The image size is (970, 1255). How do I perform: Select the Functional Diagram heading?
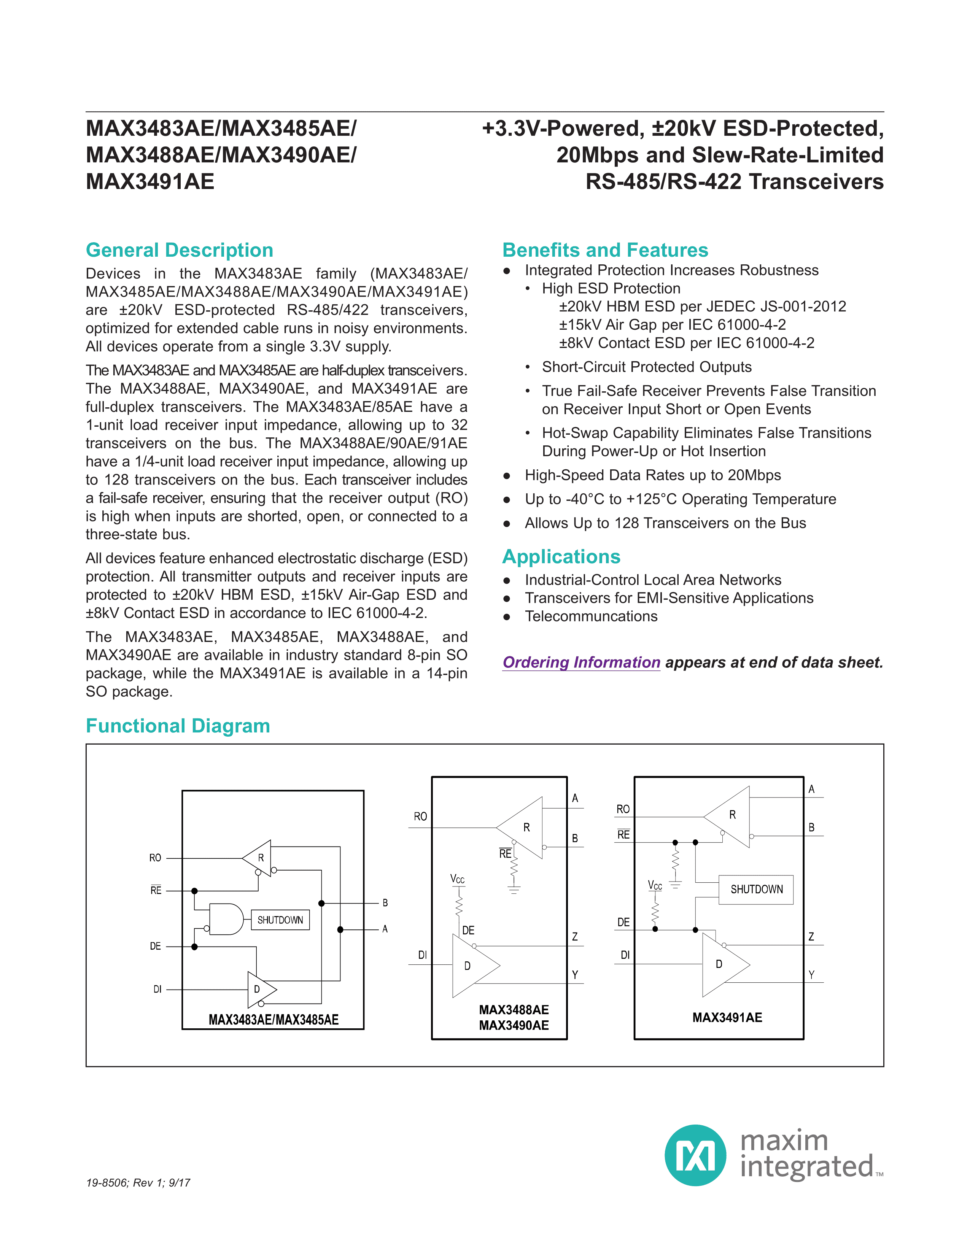click(178, 726)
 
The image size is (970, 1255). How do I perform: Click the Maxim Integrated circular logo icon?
click(695, 1156)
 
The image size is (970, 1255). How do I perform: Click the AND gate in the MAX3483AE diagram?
click(226, 920)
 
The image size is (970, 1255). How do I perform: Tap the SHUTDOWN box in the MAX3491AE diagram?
click(756, 890)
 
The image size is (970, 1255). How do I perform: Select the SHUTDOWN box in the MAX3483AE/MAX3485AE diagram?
click(280, 920)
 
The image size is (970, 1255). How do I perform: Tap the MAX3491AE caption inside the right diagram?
click(727, 1018)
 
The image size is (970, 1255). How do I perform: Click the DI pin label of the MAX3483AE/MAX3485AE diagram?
click(157, 989)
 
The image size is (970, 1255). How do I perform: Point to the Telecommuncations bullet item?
click(591, 616)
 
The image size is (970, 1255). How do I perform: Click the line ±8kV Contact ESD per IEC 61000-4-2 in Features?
click(686, 343)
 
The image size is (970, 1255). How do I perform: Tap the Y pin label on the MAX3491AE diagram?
click(811, 975)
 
